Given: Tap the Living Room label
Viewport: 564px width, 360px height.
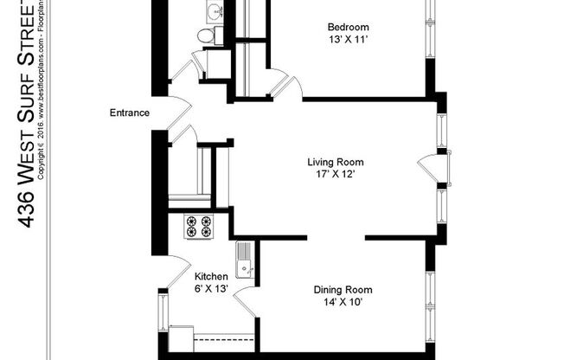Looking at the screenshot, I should point(336,162).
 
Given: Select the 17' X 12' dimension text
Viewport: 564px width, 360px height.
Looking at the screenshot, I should point(336,174).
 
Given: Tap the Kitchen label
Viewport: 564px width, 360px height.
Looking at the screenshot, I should point(210,276).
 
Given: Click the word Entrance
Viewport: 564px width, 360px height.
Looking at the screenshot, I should point(130,113).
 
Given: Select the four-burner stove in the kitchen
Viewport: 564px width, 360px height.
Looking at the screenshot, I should point(198,225).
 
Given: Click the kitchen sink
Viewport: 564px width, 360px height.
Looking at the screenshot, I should point(245,259).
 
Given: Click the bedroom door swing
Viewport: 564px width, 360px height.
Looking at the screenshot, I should point(286,84).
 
